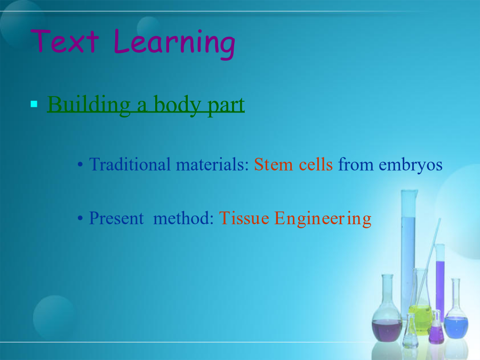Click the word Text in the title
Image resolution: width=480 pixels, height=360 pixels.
click(65, 41)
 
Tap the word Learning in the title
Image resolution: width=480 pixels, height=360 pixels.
click(174, 44)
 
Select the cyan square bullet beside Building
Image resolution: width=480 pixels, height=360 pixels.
click(34, 104)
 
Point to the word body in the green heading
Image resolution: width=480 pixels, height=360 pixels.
click(178, 105)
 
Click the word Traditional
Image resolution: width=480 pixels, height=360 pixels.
click(130, 164)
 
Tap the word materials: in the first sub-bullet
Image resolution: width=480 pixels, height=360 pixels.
click(212, 164)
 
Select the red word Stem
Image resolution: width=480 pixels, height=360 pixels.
click(274, 164)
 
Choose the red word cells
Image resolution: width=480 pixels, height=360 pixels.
click(316, 164)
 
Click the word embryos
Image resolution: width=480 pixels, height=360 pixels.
click(411, 165)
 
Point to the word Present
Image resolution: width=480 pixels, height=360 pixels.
click(116, 218)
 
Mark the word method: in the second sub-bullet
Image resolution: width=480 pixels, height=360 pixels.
click(183, 218)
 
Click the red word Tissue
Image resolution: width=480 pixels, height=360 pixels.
click(244, 218)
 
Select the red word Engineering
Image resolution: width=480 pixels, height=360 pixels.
click(323, 219)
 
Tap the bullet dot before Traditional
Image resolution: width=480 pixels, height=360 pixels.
click(80, 165)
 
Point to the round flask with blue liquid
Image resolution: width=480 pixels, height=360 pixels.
click(456, 309)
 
